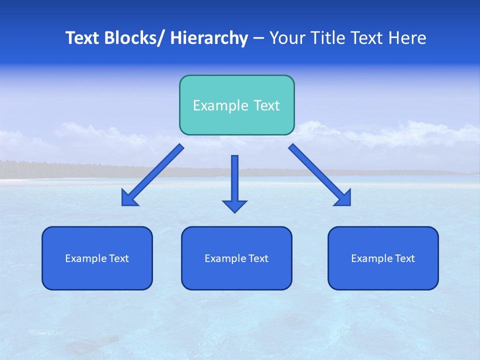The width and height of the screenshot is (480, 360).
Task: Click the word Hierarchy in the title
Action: pos(209,38)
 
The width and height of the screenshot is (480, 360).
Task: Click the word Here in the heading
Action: pos(408,38)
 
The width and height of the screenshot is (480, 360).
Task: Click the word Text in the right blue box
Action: pos(404,258)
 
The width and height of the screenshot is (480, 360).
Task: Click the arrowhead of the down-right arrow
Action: pos(344,198)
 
